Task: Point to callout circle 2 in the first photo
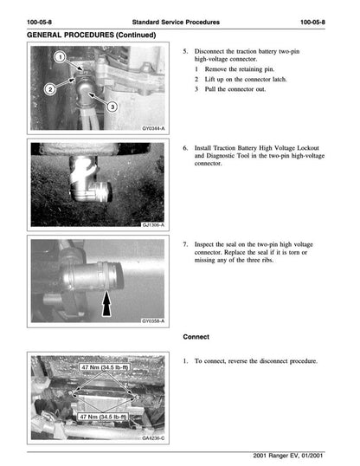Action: pyautogui.click(x=49, y=89)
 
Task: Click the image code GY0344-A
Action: pyautogui.click(x=152, y=128)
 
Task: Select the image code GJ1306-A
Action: pyautogui.click(x=152, y=224)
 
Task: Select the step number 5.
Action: pyautogui.click(x=185, y=51)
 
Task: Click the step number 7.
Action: pyautogui.click(x=185, y=244)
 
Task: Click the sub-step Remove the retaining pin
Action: pyautogui.click(x=239, y=68)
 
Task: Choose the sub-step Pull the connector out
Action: pyautogui.click(x=234, y=88)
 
